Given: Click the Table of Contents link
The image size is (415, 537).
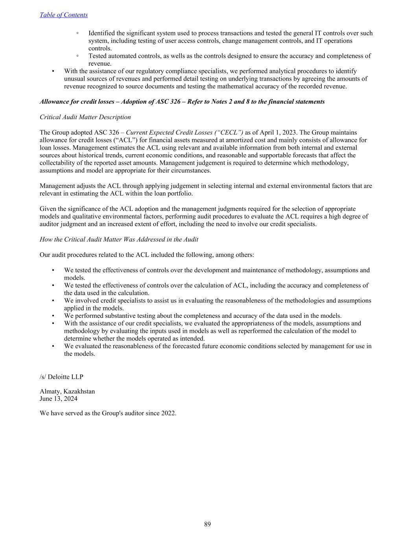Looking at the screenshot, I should click(x=64, y=15).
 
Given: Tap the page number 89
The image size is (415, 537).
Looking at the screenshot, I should click(x=207, y=524).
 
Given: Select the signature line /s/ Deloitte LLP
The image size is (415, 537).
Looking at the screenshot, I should click(x=61, y=376).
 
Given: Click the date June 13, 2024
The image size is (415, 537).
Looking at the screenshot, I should click(x=59, y=399).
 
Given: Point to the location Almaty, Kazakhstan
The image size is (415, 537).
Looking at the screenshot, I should click(x=67, y=391).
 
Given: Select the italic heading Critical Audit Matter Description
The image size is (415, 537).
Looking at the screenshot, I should click(x=85, y=117).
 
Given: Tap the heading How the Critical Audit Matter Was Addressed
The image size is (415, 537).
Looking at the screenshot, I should click(x=119, y=239).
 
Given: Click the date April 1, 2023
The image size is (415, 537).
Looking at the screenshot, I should click(x=278, y=132).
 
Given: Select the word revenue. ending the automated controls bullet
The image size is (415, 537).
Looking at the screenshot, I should click(x=100, y=63).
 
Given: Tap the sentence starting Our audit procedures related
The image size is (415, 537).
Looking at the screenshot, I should click(x=147, y=255).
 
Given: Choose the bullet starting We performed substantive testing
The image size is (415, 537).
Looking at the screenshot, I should click(x=203, y=316).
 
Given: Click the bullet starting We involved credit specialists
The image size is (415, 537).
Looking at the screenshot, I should click(x=218, y=301).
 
